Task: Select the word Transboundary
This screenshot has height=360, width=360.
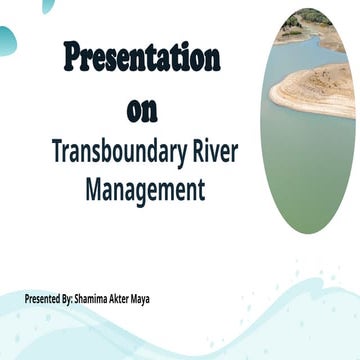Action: click(120, 152)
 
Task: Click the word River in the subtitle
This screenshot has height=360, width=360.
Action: click(211, 152)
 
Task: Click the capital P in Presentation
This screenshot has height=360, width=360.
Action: click(72, 58)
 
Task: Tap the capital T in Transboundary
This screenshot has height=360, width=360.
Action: click(56, 152)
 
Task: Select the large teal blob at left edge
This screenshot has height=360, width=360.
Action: click(6, 40)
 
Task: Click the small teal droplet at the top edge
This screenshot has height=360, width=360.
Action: click(48, 5)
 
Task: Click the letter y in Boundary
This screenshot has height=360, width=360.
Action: click(180, 155)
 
